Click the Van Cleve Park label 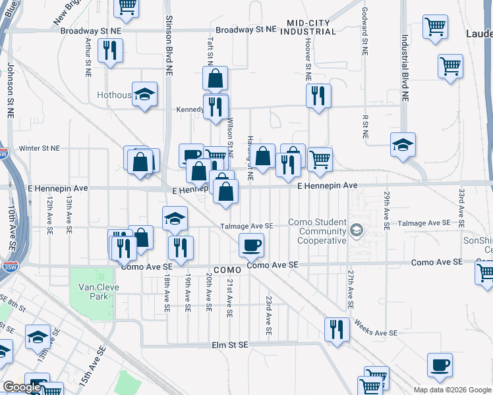(x=93, y=292)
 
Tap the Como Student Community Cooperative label (x=322, y=231)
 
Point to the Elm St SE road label (x=229, y=345)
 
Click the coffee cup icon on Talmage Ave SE (x=251, y=246)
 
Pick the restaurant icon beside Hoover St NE (x=319, y=96)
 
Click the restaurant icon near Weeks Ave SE (x=337, y=330)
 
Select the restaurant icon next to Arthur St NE (x=110, y=50)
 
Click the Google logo (x=22, y=387)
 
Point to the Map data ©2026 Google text (x=451, y=390)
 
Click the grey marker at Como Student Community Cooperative (x=357, y=230)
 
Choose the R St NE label (x=364, y=126)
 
